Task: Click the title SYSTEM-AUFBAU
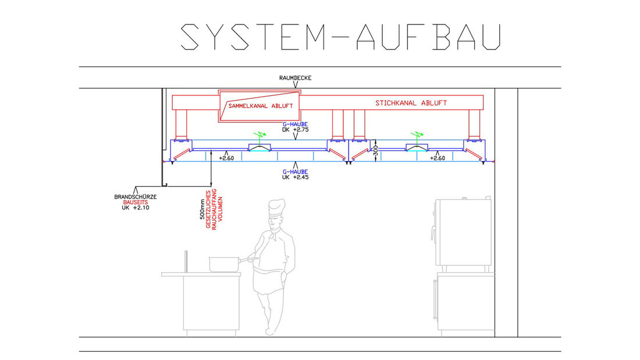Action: (340, 37)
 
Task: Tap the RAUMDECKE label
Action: (296, 77)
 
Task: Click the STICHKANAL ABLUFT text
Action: (411, 103)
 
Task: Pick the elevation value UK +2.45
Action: (295, 177)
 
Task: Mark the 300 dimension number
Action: (376, 149)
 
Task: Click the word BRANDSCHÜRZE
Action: (136, 197)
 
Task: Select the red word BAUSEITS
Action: (136, 202)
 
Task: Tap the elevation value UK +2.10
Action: (136, 208)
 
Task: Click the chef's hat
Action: (276, 208)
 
